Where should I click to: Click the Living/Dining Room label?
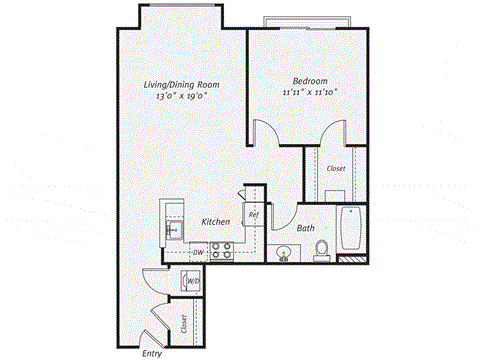coord(181,85)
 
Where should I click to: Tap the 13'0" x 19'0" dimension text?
coord(181,98)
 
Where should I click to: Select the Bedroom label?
coord(308,81)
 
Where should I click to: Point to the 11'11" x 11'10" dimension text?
coord(308,93)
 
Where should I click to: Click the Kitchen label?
coord(217,221)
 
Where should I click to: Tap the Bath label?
coord(305,228)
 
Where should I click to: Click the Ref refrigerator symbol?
coord(254,214)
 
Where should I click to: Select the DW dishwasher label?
coord(199,252)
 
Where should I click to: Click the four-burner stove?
coord(221,252)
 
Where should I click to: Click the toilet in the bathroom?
coord(322,250)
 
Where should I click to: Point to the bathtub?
coord(350,230)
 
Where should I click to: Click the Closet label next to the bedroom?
coord(336,168)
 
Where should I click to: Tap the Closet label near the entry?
coord(184,323)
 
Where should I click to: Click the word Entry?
coord(152,352)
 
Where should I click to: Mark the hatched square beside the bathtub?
coord(348,259)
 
